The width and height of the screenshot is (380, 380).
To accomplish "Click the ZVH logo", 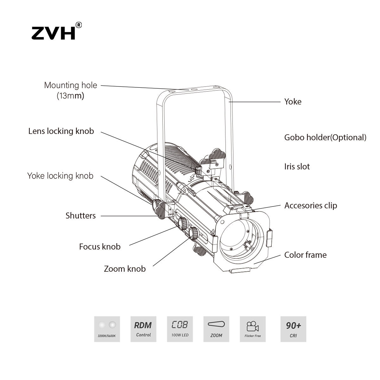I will pos(54,33).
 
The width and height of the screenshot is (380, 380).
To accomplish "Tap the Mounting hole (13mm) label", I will pos(70,90).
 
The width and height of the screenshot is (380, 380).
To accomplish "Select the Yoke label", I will pos(293,102).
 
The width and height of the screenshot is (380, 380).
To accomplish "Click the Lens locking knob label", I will pos(61,131).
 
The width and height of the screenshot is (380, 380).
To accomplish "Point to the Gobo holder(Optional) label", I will pos(325,137).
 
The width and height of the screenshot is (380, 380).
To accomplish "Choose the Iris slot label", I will pos(297,167).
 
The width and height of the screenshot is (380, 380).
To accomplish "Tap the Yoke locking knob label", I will pos(60,176).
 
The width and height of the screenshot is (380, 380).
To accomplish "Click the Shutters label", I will pos(80,216).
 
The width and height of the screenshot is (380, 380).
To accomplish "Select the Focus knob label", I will pos(100,247).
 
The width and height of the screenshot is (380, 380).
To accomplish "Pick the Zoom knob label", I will pos(125,269).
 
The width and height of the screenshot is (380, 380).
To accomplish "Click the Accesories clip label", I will pos(310,206).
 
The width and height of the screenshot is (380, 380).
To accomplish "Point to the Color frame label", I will pos(305,255).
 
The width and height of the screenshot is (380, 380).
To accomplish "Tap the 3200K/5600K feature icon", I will pos(107,329).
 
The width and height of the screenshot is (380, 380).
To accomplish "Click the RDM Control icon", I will pos(143,329).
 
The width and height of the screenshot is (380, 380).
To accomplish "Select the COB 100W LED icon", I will pos(180,329).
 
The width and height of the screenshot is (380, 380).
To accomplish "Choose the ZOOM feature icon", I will pos(216,329).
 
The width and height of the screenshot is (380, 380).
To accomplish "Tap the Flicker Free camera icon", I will pos(253,329).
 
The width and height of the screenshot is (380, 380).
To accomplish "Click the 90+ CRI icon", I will pos(293,329).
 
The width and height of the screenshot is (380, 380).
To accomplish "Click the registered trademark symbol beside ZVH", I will pos(79,25).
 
